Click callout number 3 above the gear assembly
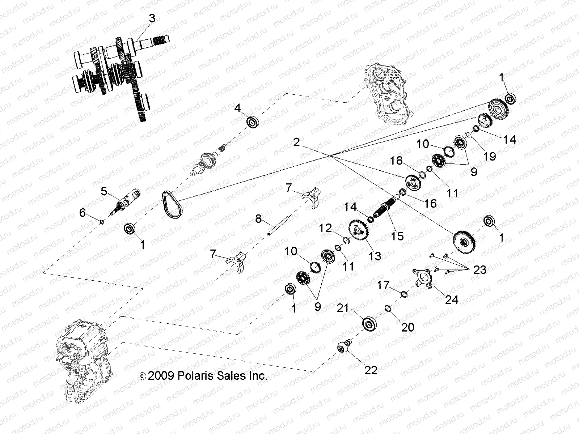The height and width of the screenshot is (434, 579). [152, 18]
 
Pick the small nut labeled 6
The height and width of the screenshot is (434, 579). [102, 221]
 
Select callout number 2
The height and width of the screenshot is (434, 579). [297, 142]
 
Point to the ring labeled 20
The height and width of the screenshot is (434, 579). [387, 308]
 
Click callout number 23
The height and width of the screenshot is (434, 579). [480, 270]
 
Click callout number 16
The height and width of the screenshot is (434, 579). [431, 203]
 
